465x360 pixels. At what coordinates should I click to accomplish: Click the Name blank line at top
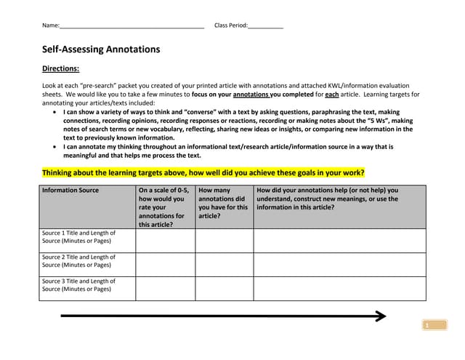(132, 27)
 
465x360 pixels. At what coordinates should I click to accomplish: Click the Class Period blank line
(265, 27)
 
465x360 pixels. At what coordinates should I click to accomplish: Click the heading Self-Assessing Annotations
(101, 49)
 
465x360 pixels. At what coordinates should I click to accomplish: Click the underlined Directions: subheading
(60, 69)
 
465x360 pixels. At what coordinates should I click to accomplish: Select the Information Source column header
(70, 191)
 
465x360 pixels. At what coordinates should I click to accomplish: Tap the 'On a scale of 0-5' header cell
(165, 207)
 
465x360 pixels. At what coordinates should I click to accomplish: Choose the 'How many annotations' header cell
(224, 201)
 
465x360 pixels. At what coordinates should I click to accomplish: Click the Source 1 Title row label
(78, 237)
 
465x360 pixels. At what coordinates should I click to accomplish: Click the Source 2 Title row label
(78, 261)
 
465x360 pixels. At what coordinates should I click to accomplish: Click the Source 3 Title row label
(78, 285)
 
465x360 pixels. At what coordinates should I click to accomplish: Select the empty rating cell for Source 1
(165, 241)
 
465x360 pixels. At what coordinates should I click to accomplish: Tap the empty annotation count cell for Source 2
(224, 264)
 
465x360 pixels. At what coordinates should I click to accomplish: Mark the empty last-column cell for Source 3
(339, 288)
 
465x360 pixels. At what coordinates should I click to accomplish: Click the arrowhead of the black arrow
(379, 316)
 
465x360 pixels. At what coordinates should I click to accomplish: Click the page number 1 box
(429, 325)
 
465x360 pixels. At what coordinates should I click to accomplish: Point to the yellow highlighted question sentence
(203, 173)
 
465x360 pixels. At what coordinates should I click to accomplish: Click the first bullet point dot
(57, 113)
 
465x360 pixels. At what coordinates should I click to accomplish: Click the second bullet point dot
(57, 147)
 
